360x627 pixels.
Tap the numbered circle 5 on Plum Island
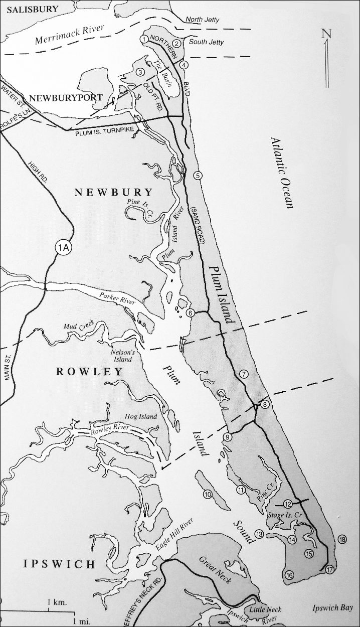(x=198, y=175)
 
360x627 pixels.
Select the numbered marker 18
(x=342, y=540)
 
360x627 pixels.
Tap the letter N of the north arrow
(x=327, y=34)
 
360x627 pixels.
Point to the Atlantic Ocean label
(x=283, y=172)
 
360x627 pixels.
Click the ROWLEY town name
(x=89, y=372)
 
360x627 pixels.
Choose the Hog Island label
(x=142, y=417)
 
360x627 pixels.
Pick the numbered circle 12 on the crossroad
(x=287, y=504)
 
